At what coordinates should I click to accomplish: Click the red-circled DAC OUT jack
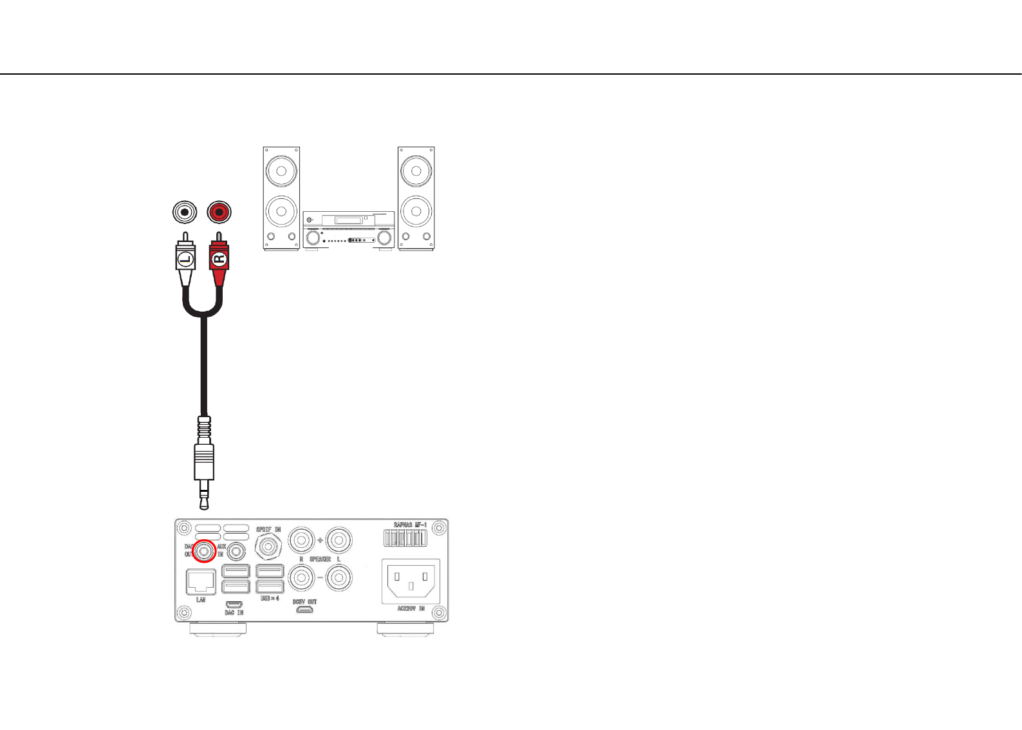pyautogui.click(x=205, y=550)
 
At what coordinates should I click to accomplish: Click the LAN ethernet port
pyautogui.click(x=201, y=582)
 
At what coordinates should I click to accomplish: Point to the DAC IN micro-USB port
pyautogui.click(x=234, y=604)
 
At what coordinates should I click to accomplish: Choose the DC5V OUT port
pyautogui.click(x=304, y=610)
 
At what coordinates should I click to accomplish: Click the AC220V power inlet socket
pyautogui.click(x=411, y=581)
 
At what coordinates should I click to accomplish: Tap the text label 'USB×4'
pyautogui.click(x=270, y=599)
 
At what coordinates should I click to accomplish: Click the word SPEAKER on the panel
pyautogui.click(x=320, y=559)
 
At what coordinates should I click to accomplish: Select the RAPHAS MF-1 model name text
pyautogui.click(x=410, y=525)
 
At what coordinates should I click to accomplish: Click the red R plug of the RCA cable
pyautogui.click(x=219, y=259)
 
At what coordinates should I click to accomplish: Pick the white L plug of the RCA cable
pyautogui.click(x=185, y=259)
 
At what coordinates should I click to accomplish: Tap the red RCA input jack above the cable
pyautogui.click(x=219, y=212)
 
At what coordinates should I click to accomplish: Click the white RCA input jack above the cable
pyautogui.click(x=185, y=212)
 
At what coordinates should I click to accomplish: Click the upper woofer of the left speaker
pyautogui.click(x=281, y=171)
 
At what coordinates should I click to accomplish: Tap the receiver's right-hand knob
pyautogui.click(x=384, y=238)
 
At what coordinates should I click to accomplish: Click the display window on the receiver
pyautogui.click(x=349, y=220)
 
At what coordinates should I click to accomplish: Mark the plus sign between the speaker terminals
pyautogui.click(x=320, y=540)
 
